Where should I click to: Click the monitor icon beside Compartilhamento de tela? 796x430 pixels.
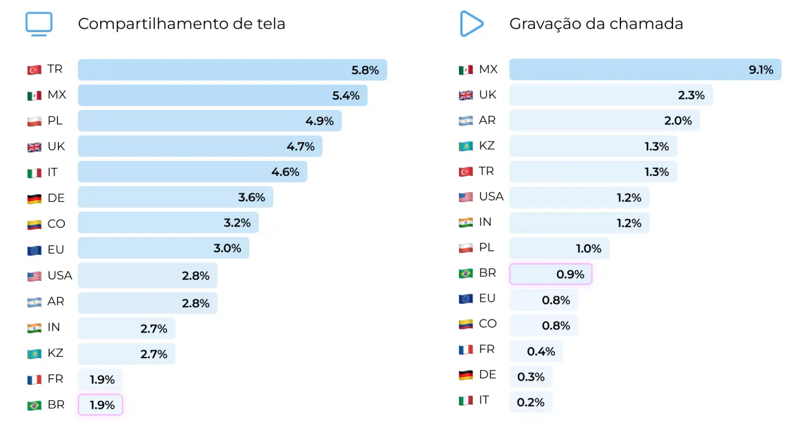coord(39,24)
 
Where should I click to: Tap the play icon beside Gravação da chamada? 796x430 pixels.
coord(471,24)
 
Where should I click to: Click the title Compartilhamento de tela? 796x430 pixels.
coord(181,24)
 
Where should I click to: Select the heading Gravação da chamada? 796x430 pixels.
coord(596,24)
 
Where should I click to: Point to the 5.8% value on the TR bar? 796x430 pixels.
coord(365,70)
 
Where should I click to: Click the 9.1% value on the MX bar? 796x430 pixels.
coord(761,70)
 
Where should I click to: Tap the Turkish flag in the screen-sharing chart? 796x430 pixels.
coord(35,70)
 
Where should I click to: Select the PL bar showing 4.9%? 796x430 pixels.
coord(210,121)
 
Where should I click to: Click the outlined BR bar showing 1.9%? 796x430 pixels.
coord(100,405)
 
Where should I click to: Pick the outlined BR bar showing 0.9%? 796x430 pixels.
coord(551,274)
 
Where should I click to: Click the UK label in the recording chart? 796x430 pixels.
coord(488,95)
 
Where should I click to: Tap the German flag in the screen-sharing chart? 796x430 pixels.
coord(35,198)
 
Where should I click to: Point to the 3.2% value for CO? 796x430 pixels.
coord(237,223)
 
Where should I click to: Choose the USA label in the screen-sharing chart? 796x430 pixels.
coord(60,276)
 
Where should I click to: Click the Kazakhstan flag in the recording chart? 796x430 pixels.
coord(466,146)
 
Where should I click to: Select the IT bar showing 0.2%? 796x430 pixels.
coord(531,402)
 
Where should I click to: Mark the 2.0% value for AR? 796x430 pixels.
coord(678,121)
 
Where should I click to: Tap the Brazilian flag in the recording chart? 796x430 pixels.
coord(466,273)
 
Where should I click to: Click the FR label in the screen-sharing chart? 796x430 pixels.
coord(55,379)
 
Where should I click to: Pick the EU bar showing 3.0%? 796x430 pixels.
coord(163,248)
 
